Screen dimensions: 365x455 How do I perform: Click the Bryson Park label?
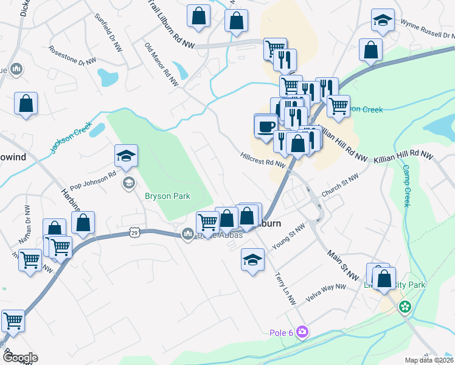tap(167, 196)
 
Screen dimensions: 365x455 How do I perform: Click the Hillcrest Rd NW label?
tap(263, 159)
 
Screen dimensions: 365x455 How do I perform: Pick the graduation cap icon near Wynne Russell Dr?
tap(383, 21)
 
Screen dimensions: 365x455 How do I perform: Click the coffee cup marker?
tap(266, 127)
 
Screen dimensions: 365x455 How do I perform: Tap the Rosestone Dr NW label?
tap(72, 56)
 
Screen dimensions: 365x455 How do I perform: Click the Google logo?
tap(20, 358)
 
